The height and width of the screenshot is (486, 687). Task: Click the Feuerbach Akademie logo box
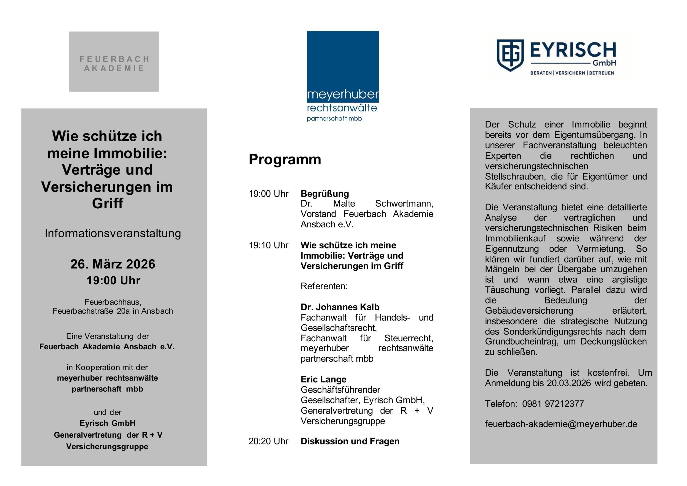click(x=114, y=61)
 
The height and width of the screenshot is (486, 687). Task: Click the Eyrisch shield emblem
click(x=510, y=55)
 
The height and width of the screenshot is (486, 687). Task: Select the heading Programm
click(x=284, y=159)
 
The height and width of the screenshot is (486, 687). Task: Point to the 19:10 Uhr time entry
click(x=268, y=245)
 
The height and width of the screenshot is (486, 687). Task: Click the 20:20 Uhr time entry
click(x=268, y=441)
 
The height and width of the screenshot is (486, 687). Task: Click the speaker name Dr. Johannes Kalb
click(x=340, y=307)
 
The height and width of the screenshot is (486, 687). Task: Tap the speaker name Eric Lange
click(x=323, y=379)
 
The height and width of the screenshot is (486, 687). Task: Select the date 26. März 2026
click(x=113, y=264)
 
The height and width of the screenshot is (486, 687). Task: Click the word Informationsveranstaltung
click(x=113, y=233)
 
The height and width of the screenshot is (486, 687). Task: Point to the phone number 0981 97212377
click(x=553, y=404)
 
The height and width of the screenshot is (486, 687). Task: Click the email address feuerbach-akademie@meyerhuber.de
click(x=561, y=424)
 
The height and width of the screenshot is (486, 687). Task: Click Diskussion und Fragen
click(x=350, y=441)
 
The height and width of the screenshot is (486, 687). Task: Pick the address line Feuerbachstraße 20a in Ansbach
click(x=113, y=311)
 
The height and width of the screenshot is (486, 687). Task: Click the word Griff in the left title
click(x=107, y=203)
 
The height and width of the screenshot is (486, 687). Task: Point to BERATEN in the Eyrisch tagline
click(x=541, y=73)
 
